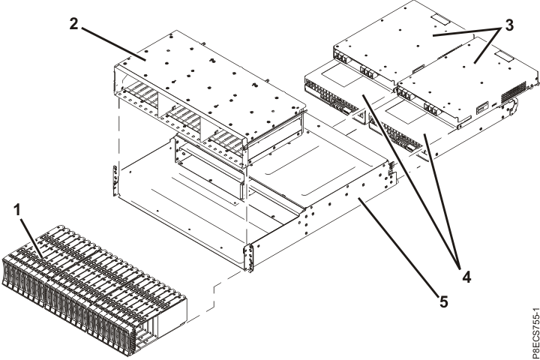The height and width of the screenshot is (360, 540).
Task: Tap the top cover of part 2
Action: click(x=210, y=75)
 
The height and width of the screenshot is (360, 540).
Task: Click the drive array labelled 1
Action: click(x=105, y=285)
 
